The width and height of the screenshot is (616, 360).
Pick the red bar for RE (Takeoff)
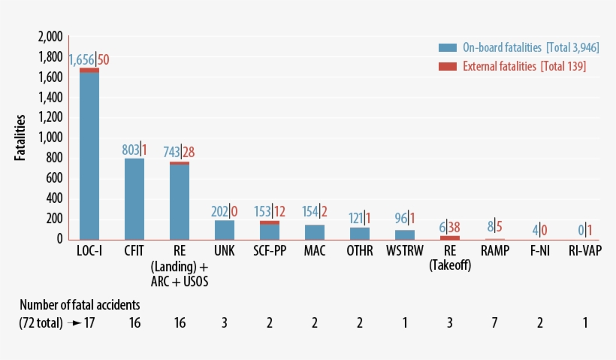click(x=449, y=237)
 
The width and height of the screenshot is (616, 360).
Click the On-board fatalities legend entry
click(x=511, y=47)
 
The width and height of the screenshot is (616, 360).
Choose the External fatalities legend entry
click(x=511, y=67)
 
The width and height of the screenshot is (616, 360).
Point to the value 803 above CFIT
click(x=131, y=150)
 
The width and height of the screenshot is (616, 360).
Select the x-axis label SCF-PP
click(x=270, y=250)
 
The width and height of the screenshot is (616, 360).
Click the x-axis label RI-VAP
click(x=584, y=250)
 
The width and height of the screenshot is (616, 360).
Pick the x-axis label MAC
click(x=314, y=250)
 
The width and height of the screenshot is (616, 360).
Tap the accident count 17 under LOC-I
click(x=89, y=322)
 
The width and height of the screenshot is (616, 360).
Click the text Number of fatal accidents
click(x=80, y=304)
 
